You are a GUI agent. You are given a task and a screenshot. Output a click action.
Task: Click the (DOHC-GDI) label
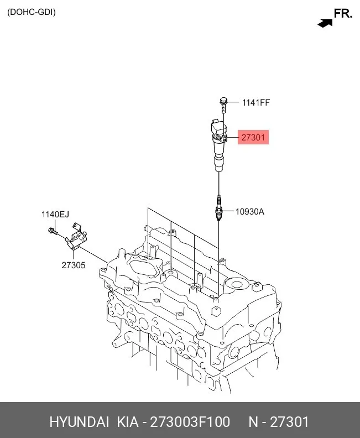(x=32, y=12)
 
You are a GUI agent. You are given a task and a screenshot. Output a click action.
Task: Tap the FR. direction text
(x=343, y=13)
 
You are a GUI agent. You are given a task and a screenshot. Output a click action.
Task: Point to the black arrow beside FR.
(x=325, y=23)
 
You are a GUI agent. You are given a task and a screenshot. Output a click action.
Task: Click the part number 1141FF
(x=256, y=102)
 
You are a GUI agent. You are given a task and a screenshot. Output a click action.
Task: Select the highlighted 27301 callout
(x=253, y=137)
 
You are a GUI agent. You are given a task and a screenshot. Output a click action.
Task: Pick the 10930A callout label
(x=250, y=211)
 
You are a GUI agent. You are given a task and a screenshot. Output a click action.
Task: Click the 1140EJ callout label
(x=55, y=214)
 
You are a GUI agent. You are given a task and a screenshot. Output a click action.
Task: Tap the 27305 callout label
(x=74, y=265)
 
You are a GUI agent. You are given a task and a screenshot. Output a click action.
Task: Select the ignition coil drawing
(x=219, y=145)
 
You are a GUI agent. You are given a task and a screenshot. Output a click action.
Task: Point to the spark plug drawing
(x=219, y=207)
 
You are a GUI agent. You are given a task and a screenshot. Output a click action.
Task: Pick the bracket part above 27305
(x=76, y=236)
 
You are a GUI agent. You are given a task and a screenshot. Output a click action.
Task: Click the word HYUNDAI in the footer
(x=79, y=422)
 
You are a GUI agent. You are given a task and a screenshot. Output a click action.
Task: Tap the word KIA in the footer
(x=128, y=422)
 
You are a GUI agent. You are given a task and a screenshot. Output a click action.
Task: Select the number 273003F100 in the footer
(x=190, y=422)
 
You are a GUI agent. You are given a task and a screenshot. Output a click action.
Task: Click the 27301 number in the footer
(x=289, y=422)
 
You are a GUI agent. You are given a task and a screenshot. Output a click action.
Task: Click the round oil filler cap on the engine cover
(x=236, y=285)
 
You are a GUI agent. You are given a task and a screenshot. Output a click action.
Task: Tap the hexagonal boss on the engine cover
(x=216, y=311)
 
